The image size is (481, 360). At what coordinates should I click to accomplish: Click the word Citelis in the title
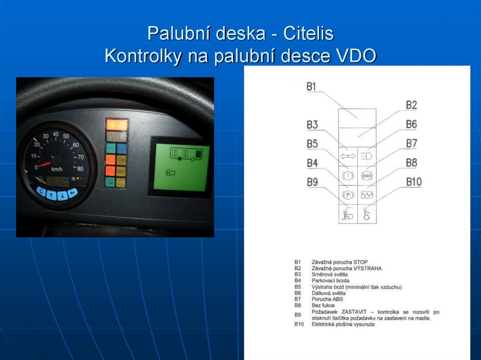pyautogui.click(x=308, y=34)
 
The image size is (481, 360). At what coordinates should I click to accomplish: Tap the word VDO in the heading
pyautogui.click(x=357, y=56)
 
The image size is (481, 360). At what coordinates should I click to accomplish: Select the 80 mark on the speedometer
pyautogui.click(x=80, y=169)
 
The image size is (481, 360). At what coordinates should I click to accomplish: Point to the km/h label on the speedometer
pyautogui.click(x=57, y=169)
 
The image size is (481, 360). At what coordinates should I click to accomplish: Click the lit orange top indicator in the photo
pyautogui.click(x=117, y=124)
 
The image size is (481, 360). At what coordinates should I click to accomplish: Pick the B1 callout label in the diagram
pyautogui.click(x=311, y=86)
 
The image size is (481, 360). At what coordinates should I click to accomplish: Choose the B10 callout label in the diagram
pyautogui.click(x=414, y=182)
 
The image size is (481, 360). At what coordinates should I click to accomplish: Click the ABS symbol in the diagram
pyautogui.click(x=366, y=175)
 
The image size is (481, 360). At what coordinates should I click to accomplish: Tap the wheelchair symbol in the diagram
pyautogui.click(x=366, y=214)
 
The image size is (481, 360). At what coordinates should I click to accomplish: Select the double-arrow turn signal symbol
pyautogui.click(x=348, y=155)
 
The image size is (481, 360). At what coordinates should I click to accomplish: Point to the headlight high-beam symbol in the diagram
pyautogui.click(x=366, y=155)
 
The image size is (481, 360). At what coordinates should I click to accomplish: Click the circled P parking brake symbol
pyautogui.click(x=348, y=194)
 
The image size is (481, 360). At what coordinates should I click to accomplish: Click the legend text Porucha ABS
pyautogui.click(x=327, y=299)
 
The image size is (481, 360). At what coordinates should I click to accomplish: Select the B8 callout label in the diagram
pyautogui.click(x=411, y=162)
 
